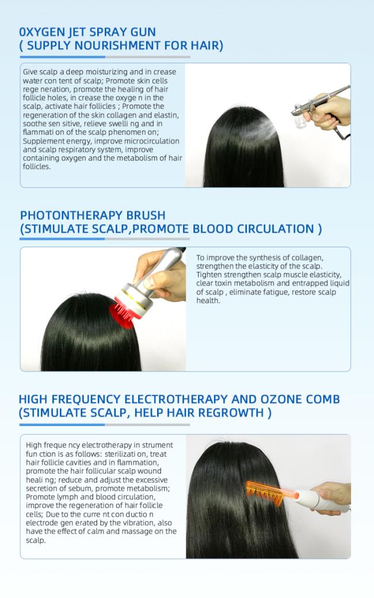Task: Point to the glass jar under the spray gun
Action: point(302,121)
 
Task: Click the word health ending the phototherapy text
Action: point(208,301)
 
